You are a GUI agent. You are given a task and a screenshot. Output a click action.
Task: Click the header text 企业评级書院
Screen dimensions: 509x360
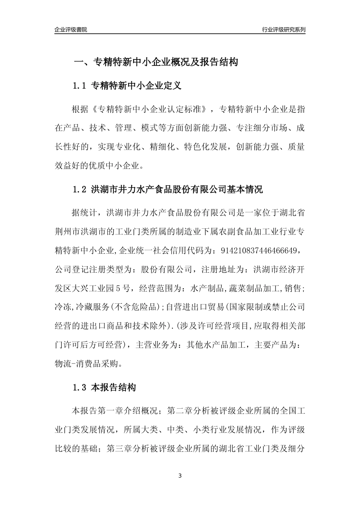pyautogui.click(x=71, y=30)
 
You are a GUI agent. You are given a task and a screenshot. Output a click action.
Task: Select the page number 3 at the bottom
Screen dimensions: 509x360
pyautogui.click(x=180, y=476)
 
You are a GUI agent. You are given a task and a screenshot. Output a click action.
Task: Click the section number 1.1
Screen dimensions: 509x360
pyautogui.click(x=80, y=86)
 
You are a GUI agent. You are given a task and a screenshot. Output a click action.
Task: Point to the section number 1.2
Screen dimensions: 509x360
pyautogui.click(x=80, y=190)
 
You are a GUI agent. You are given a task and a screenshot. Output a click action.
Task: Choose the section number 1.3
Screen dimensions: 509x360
pyautogui.click(x=80, y=388)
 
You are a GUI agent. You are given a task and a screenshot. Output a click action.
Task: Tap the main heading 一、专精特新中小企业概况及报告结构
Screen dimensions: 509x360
pyautogui.click(x=156, y=62)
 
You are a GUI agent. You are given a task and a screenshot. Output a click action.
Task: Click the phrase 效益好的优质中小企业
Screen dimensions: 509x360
pyautogui.click(x=99, y=166)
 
